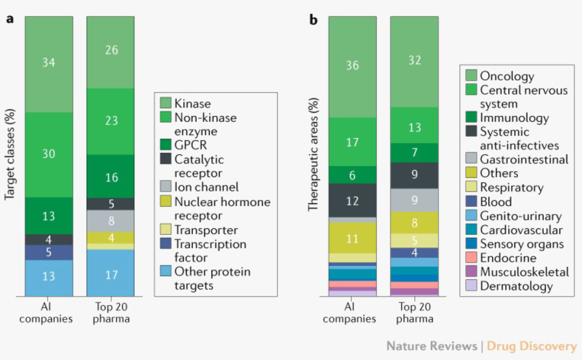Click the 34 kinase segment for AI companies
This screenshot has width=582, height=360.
(x=49, y=64)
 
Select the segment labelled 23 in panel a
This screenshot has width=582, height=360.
(x=110, y=121)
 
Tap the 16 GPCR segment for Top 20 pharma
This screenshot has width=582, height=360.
(x=110, y=176)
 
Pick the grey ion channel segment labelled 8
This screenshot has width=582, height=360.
(x=110, y=221)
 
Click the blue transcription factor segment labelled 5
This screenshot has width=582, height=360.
(x=49, y=252)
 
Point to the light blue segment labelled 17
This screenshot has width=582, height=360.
(x=110, y=273)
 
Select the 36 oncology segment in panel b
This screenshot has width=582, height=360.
(x=352, y=67)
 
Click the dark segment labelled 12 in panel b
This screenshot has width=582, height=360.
(x=352, y=200)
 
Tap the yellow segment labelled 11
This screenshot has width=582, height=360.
(x=352, y=238)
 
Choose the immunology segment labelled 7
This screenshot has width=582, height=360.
(x=414, y=153)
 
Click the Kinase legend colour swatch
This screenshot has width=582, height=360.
(x=165, y=103)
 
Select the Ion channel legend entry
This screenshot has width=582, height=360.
(x=199, y=186)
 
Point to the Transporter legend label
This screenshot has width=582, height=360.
(x=206, y=230)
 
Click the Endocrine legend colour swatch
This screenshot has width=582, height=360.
(x=471, y=258)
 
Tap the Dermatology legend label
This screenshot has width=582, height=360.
(x=516, y=286)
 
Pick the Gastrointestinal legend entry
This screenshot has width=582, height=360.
(x=517, y=159)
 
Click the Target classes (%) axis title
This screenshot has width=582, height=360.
(x=10, y=154)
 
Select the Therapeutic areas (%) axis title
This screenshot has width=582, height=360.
(x=314, y=154)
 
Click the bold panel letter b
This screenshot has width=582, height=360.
(x=314, y=19)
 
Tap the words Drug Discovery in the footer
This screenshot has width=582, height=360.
(x=531, y=346)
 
